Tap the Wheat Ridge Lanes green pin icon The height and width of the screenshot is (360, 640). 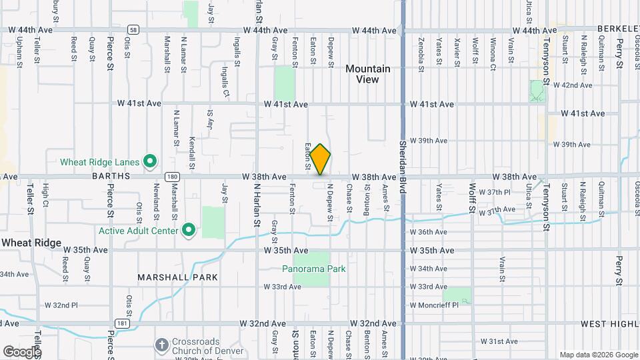151,161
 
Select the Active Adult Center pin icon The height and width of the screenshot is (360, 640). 189,231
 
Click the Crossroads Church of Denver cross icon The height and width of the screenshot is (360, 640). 161,345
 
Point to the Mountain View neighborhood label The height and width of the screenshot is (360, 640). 367,74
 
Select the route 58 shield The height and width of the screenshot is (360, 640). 134,30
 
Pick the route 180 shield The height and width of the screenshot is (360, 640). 172,177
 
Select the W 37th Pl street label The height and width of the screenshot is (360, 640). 498,192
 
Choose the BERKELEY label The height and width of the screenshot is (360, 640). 618,30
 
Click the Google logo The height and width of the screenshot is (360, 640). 21,351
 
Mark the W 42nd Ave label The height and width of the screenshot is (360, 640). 577,85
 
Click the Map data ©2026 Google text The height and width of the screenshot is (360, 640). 599,355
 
